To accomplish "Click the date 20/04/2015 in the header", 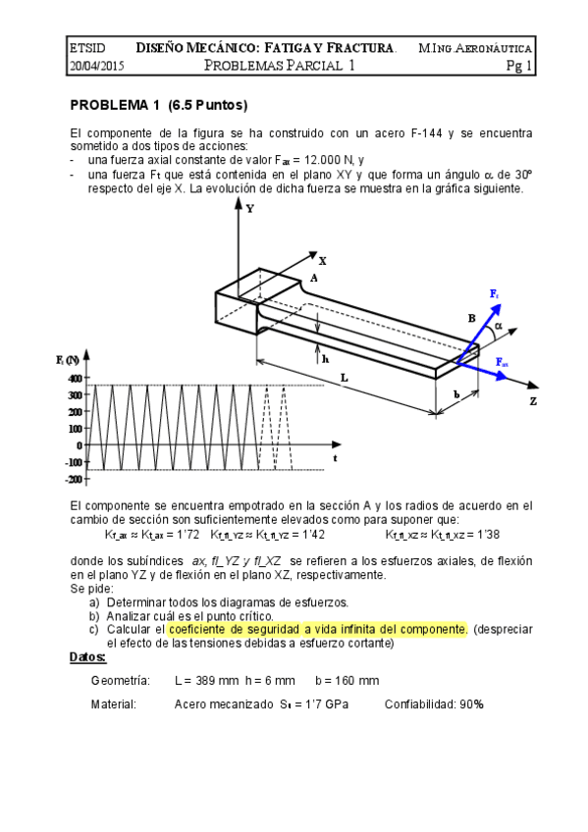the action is [x=96, y=67].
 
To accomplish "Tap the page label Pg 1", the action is [x=519, y=67].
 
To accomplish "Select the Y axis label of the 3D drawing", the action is [x=250, y=208].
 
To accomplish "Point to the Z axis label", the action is [x=532, y=401].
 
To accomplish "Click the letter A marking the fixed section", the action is [x=313, y=279].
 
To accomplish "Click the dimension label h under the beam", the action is [x=325, y=358].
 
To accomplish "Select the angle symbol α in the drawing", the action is [x=498, y=325].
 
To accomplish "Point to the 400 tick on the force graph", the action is [x=75, y=378].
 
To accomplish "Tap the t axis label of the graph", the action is [x=335, y=457].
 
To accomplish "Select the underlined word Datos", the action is [x=87, y=656].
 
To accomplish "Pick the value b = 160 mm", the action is [x=347, y=680].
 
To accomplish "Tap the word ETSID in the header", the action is [x=86, y=48].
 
